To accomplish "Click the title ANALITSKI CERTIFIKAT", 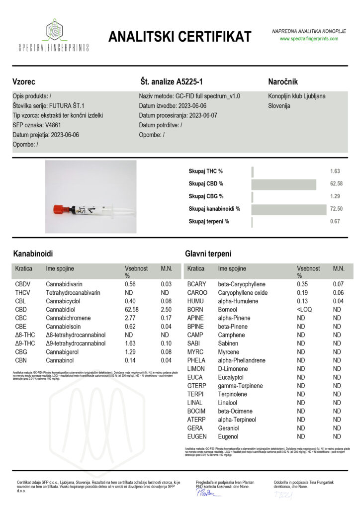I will pyautogui.click(x=180, y=36).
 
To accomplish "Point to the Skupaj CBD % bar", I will pyautogui.click(x=284, y=184).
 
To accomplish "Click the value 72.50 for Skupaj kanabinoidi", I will pyautogui.click(x=337, y=209).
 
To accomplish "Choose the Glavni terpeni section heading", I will pyautogui.click(x=208, y=254).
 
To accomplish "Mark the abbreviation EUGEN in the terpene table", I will pyautogui.click(x=196, y=436).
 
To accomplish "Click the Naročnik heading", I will pyautogui.click(x=282, y=82).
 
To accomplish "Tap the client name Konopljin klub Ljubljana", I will pyautogui.click(x=296, y=96).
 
